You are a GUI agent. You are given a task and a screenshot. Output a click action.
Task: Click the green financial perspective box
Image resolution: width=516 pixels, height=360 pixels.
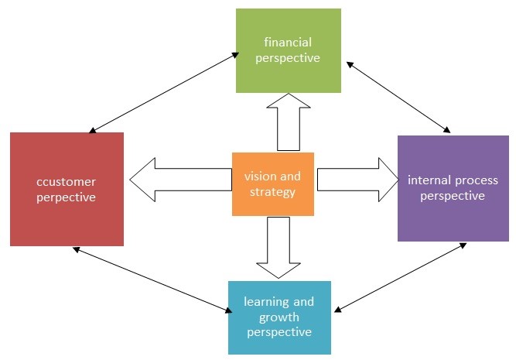(289, 50)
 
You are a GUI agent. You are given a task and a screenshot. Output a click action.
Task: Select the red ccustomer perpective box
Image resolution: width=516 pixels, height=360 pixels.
(67, 189)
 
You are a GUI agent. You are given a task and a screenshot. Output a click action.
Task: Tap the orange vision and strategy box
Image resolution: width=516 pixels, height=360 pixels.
(272, 184)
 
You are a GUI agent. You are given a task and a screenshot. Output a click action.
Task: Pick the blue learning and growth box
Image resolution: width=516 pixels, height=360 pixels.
(279, 317)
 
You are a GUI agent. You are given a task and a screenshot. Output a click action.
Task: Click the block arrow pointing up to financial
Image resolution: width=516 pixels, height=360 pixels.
(288, 124)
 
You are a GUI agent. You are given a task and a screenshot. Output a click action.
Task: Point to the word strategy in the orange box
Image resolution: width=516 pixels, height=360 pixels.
(272, 191)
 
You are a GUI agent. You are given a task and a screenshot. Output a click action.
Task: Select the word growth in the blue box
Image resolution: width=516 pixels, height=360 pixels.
(279, 317)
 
